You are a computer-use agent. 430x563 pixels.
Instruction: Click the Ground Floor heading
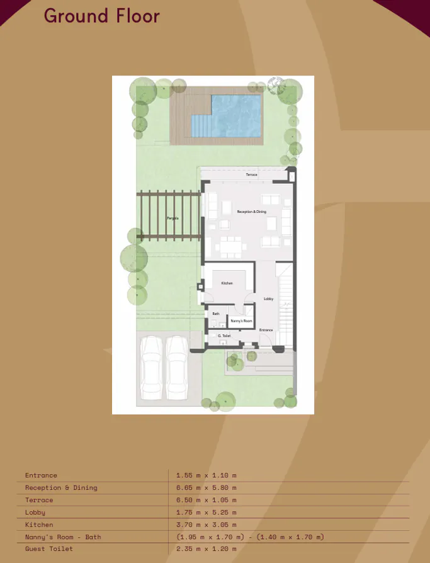pos(101,16)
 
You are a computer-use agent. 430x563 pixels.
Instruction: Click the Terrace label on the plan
pos(251,174)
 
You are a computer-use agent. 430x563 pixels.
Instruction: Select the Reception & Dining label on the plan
pos(251,212)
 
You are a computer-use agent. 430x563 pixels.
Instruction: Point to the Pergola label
pos(172,219)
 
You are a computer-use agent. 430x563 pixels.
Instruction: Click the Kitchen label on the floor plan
pos(227,283)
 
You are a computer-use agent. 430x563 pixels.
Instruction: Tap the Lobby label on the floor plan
pos(268,299)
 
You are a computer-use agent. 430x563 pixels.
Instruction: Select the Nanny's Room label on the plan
pos(241,321)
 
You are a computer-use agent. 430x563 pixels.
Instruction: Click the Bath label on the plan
pos(215,314)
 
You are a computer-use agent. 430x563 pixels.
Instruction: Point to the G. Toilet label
pos(224,336)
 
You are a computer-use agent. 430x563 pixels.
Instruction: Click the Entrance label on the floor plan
pos(266,330)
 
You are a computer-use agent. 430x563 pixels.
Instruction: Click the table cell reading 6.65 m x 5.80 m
pos(207,487)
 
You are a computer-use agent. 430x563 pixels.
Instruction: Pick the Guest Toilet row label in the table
pos(49,549)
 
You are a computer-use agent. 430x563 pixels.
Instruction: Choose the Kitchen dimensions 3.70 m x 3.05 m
pos(207,525)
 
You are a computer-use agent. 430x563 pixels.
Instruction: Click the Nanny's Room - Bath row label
pos(63,537)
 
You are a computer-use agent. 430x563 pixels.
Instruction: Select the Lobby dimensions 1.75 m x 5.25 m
pos(207,513)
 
